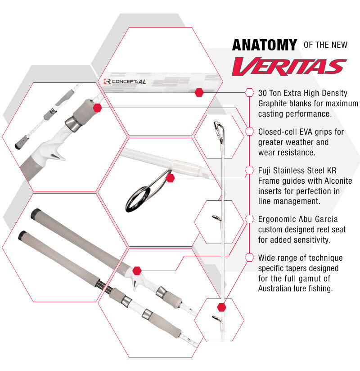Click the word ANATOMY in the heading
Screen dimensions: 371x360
pos(264,45)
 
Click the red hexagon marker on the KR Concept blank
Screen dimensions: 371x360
pos(199,92)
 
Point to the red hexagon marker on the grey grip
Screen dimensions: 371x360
pos(97,108)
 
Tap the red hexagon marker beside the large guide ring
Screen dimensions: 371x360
pos(170,178)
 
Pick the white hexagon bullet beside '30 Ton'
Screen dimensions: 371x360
pos(249,92)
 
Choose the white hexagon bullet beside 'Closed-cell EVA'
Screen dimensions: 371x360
pos(249,131)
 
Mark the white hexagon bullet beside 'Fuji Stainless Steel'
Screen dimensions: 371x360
pos(249,170)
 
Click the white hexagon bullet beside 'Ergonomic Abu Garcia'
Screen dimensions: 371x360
pos(249,219)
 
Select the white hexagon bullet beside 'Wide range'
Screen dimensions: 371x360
pos(249,258)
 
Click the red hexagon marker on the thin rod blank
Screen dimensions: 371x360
pos(221,307)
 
